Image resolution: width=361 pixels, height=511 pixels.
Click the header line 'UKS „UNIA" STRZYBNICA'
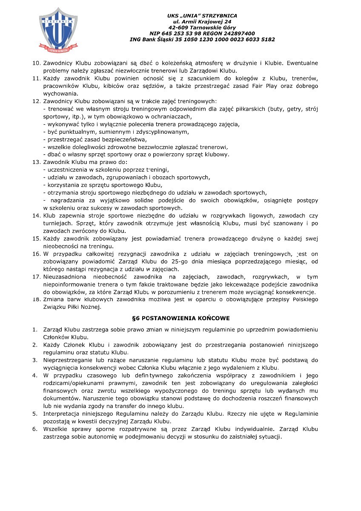[202, 16]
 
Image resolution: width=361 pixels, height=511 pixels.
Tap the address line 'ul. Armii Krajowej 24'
[202, 22]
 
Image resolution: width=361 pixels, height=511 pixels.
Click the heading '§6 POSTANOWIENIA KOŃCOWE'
[181, 318]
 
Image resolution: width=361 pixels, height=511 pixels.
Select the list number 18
[36, 299]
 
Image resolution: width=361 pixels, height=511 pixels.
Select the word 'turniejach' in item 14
[58, 223]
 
